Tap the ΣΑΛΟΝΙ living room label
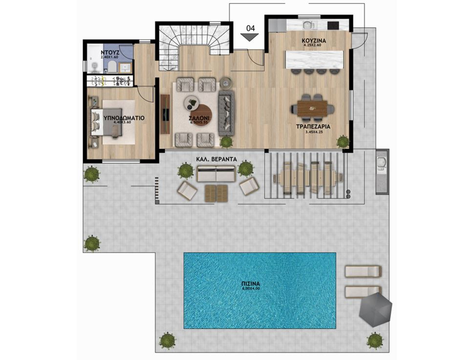pyautogui.click(x=199, y=118)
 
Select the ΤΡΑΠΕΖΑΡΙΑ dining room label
pyautogui.click(x=313, y=126)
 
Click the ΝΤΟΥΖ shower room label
pyautogui.click(x=108, y=52)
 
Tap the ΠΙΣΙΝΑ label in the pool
pyautogui.click(x=259, y=283)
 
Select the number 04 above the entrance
pyautogui.click(x=250, y=28)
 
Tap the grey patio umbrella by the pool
pyautogui.click(x=376, y=308)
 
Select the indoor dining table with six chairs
pyautogui.click(x=313, y=107)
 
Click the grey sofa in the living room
pyautogui.click(x=226, y=113)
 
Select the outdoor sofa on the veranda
pyautogui.click(x=216, y=174)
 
